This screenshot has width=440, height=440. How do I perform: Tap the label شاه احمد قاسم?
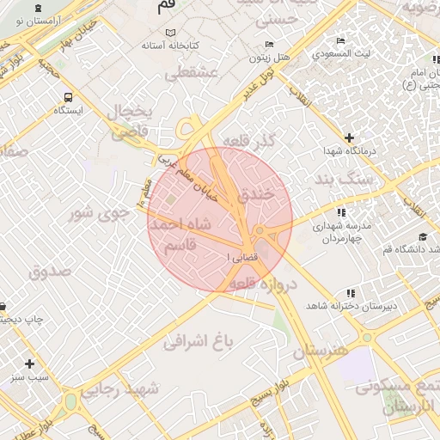[x=180, y=234]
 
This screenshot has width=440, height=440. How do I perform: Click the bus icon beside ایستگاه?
[x=68, y=97]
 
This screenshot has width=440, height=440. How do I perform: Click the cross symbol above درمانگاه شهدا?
[x=349, y=137]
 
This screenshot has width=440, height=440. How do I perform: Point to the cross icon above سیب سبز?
[x=30, y=364]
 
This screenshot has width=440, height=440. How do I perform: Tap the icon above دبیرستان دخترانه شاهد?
[x=349, y=294]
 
